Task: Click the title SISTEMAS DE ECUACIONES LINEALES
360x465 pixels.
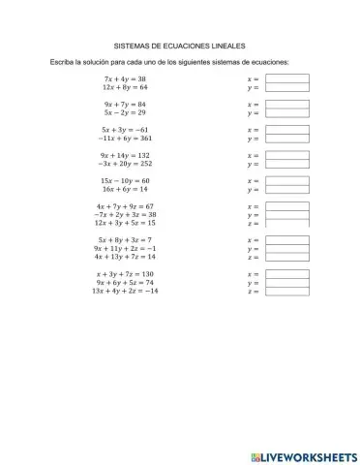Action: click(x=181, y=45)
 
